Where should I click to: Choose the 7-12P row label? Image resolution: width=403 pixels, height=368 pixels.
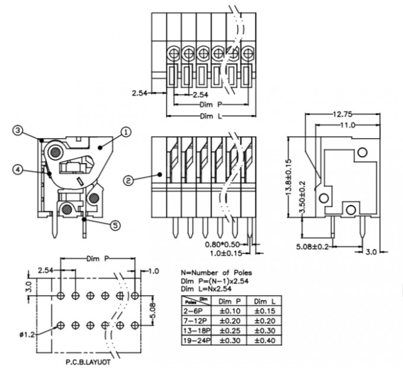[x=196, y=321]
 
